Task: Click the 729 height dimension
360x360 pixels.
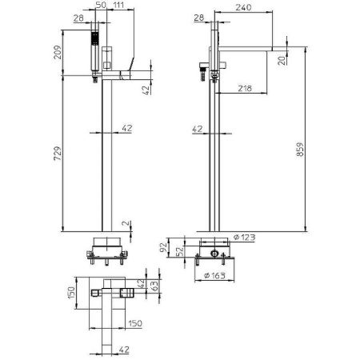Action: point(58,154)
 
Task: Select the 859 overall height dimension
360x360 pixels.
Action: point(300,150)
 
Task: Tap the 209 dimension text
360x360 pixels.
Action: point(58,52)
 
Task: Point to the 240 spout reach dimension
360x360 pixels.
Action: point(243,7)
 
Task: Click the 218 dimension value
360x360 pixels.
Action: point(245,88)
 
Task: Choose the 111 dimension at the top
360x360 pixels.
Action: point(118,5)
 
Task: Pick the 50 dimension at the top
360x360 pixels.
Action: point(101,5)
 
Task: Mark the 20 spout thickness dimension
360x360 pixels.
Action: point(282,61)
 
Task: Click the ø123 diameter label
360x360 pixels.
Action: point(244,237)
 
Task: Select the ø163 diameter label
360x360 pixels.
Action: point(214,275)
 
